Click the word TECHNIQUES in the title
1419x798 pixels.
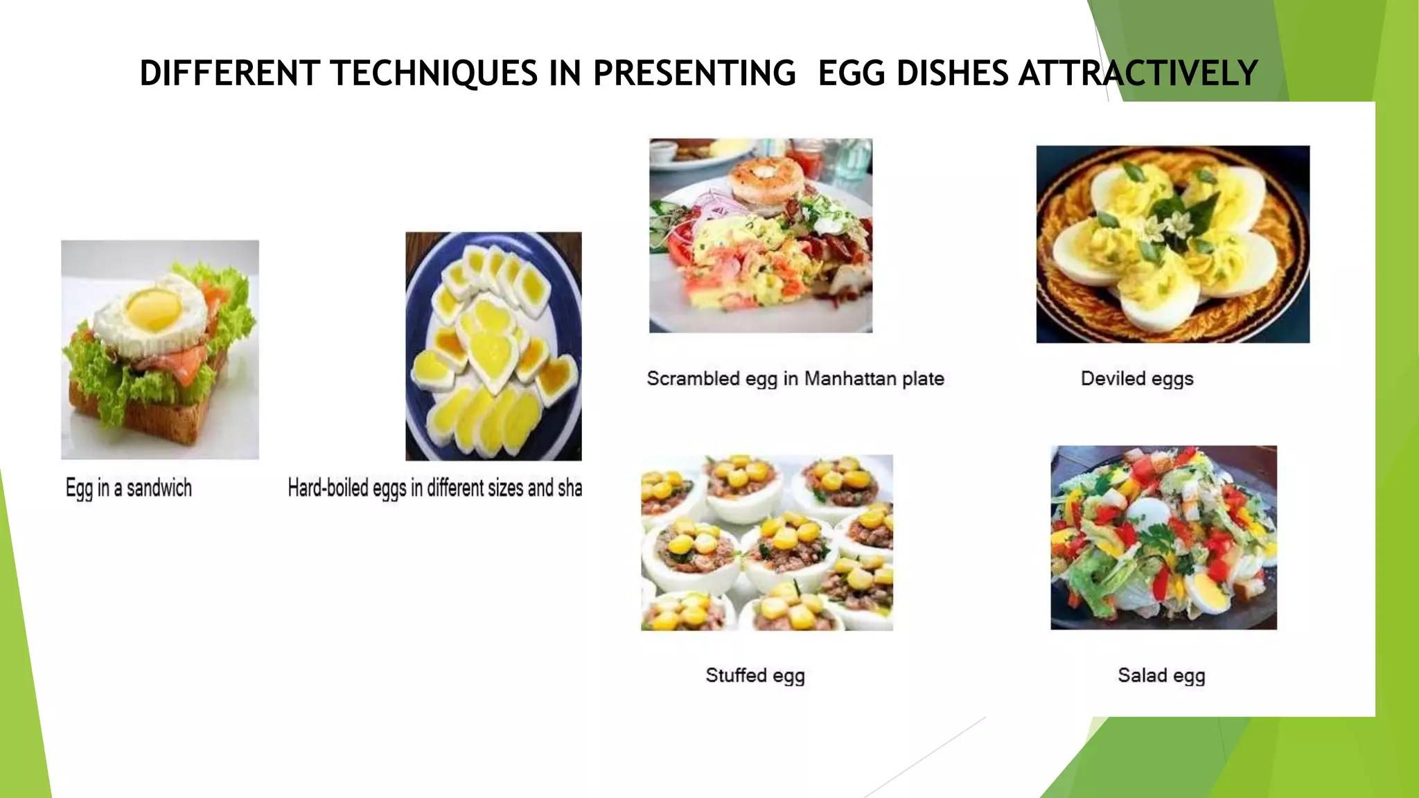(x=434, y=73)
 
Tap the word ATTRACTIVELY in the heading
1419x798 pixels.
(x=1138, y=73)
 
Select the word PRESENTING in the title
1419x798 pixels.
(x=694, y=73)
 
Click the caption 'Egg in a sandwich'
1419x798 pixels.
(x=129, y=488)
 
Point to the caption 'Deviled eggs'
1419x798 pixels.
(x=1137, y=378)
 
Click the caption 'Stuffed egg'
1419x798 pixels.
(x=755, y=675)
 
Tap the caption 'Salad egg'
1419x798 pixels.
(x=1161, y=675)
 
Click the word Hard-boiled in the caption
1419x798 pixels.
(x=328, y=488)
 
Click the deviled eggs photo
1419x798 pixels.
(x=1172, y=244)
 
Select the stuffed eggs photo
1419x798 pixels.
(x=766, y=542)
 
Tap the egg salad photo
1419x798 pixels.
(x=1163, y=537)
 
